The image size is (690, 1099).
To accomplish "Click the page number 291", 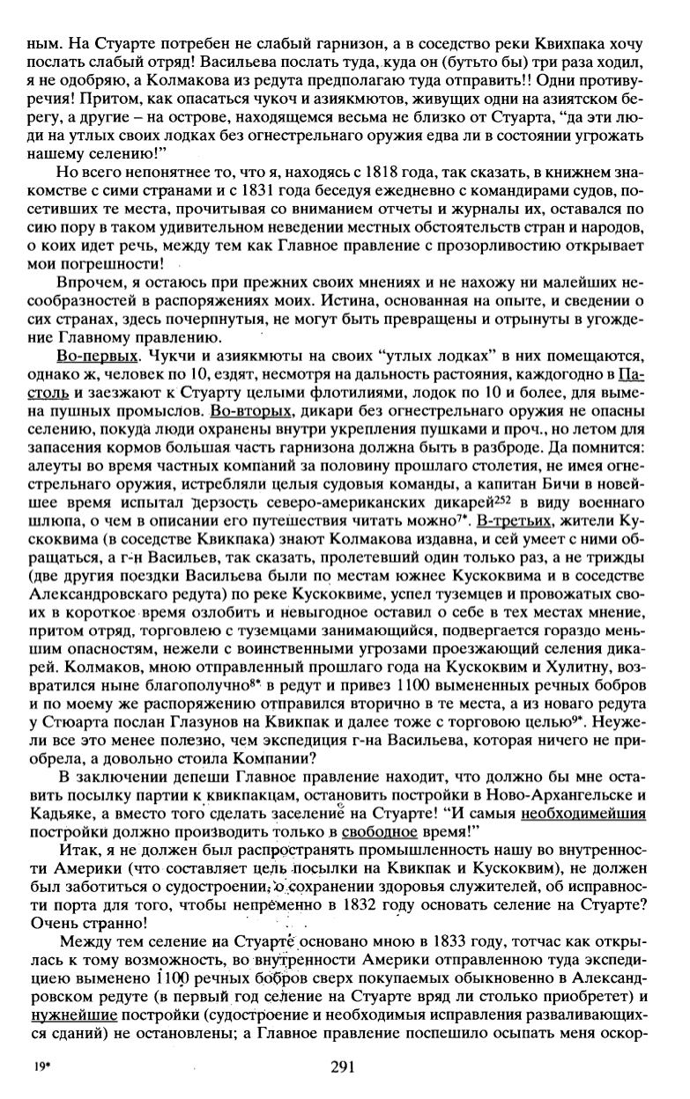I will pos(342,1067).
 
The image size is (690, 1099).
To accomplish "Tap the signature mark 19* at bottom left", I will pos(40,1067).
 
